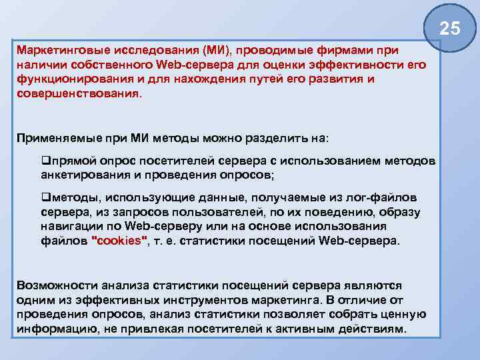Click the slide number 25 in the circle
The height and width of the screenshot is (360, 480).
450,29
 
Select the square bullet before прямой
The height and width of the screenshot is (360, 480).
45,161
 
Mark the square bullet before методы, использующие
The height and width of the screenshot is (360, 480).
45,198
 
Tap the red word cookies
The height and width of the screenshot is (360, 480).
118,241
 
